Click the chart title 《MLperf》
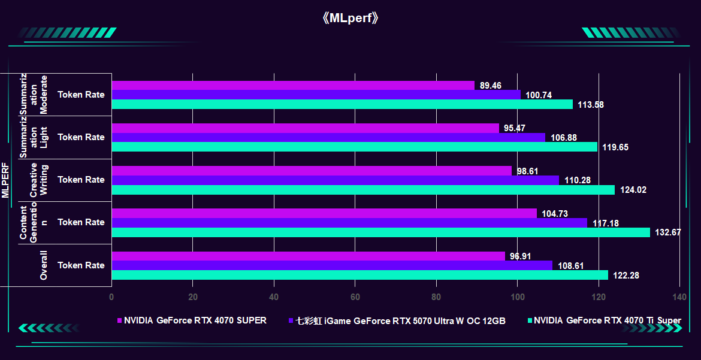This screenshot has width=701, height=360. coord(350,18)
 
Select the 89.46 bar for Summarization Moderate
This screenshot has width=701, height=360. coord(293,85)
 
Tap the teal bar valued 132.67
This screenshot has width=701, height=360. coord(380,232)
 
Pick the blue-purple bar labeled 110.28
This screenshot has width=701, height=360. coord(335,180)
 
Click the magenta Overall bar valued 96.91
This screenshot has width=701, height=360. coord(308,256)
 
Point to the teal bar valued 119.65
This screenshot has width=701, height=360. coord(354,147)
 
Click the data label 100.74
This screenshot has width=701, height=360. coord(539,95)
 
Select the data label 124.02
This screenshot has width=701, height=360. coord(633,190)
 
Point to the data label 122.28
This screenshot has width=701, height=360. coord(627,276)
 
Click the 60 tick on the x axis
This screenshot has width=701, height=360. coord(355,297)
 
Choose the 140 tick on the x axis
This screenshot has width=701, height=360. coord(679,297)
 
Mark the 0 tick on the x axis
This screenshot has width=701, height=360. coord(111,297)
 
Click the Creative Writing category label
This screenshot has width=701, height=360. coord(38,180)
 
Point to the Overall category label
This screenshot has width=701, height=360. coord(43,265)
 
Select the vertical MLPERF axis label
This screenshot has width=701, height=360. coord(5,180)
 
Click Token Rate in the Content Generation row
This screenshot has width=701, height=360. coord(81,222)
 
